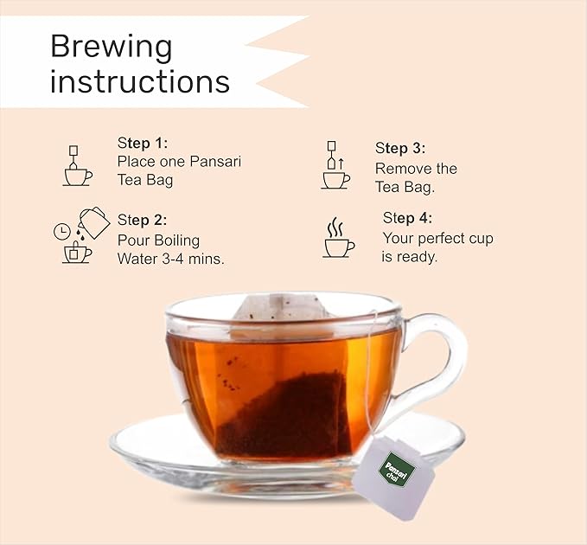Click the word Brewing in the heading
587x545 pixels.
[112, 48]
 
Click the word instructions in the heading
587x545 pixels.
[140, 81]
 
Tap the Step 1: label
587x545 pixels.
[143, 143]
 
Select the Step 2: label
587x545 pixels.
[142, 221]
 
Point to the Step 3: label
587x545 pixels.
[400, 148]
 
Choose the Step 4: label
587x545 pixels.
[407, 218]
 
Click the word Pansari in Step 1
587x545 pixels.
[215, 162]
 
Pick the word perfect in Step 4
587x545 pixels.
[441, 239]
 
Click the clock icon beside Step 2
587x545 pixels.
[62, 232]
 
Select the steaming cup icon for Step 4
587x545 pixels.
[339, 238]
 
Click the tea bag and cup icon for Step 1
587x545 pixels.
[78, 166]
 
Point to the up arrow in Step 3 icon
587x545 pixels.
[341, 163]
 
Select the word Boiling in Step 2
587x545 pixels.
[177, 240]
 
